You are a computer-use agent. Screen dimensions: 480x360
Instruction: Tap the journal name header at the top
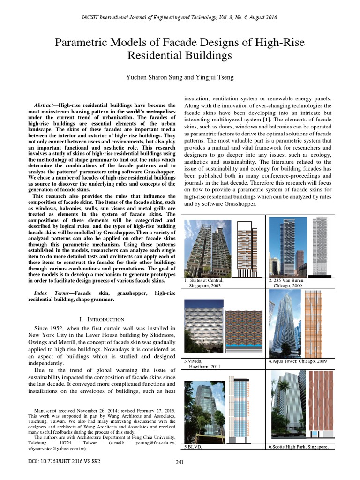point(180,17)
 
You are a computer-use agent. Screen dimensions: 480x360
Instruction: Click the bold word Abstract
point(46,105)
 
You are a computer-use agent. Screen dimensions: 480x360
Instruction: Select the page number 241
point(179,463)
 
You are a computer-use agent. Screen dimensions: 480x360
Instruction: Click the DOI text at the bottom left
point(64,461)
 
